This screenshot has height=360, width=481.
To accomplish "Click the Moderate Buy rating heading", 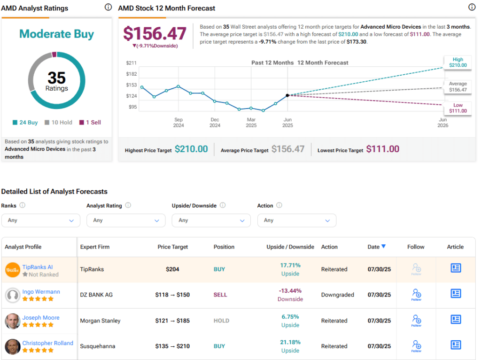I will pos(56,34).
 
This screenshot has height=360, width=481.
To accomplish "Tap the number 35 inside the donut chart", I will pos(56,78).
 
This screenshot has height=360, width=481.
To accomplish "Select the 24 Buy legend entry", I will pos(26,123).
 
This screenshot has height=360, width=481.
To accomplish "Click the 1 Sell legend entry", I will pos(90,123).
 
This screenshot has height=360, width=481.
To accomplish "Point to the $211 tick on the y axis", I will pos(131,63).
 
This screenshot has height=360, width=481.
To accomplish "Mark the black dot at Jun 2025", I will pos(287,95).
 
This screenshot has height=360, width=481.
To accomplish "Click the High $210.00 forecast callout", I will pos(458,63).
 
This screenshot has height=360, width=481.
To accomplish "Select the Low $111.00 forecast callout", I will pos(458,108).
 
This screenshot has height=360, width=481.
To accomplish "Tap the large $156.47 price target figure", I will pos(155,34).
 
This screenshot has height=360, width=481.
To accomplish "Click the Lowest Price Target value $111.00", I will pos(382,149).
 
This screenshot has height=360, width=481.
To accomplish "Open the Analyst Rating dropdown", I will pos(126,220).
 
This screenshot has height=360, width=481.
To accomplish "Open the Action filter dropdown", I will pos(296,220).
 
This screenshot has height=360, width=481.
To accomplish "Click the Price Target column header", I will pos(172,247).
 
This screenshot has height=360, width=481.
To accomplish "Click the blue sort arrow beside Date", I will pos(384,246).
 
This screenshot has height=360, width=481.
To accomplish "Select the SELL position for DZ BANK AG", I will pos(220,295).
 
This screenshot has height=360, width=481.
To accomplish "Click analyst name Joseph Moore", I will pos(41,318).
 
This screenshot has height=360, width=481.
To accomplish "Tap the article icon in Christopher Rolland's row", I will pos(455,345).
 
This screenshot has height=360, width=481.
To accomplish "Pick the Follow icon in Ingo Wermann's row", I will pos(416,294).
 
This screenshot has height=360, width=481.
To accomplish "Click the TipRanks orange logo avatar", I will pos(13,270).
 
